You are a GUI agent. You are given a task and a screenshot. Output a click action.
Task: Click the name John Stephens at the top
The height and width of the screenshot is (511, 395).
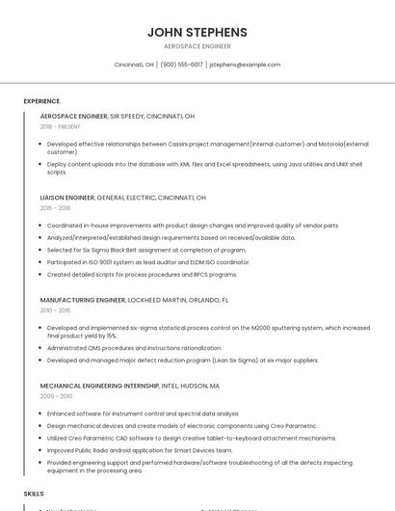coord(197,32)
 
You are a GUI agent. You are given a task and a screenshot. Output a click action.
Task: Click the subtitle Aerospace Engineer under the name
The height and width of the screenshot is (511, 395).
coord(197,46)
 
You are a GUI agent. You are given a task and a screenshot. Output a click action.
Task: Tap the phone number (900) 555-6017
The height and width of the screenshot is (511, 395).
coord(181,65)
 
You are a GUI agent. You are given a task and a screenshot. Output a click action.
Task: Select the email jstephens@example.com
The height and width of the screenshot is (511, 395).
coord(245,65)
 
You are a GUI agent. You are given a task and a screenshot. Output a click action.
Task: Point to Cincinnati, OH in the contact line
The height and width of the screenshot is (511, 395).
coord(134,65)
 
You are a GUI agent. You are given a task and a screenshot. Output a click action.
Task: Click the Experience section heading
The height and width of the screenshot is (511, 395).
coord(41,101)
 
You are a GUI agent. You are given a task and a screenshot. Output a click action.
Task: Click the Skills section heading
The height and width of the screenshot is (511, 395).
coord(34,493)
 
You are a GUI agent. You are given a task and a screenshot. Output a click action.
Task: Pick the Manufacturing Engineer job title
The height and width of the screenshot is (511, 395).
coord(83,300)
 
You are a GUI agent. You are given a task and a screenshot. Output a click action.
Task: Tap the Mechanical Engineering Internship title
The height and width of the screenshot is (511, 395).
coord(106,386)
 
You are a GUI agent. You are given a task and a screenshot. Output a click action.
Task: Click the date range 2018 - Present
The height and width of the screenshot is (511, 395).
coord(61,126)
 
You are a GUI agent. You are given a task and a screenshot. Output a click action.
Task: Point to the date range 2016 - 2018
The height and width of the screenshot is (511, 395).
coord(56,207)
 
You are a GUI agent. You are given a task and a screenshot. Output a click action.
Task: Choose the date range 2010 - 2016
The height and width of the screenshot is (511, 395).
coord(56,310)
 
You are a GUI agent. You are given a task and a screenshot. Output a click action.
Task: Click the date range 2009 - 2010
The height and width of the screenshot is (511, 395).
coord(56,396)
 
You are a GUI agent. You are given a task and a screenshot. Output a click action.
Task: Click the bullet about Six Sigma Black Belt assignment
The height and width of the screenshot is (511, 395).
coord(146,250)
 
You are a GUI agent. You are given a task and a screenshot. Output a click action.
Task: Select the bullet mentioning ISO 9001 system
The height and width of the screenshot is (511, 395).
coord(148,261)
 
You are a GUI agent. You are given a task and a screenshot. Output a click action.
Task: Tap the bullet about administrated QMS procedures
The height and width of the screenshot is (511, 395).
coord(134,348)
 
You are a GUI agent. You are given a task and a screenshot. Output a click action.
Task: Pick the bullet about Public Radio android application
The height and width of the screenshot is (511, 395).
coord(140,449)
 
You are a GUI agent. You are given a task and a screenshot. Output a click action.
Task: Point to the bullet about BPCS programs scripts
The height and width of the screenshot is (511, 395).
coord(142,274)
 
